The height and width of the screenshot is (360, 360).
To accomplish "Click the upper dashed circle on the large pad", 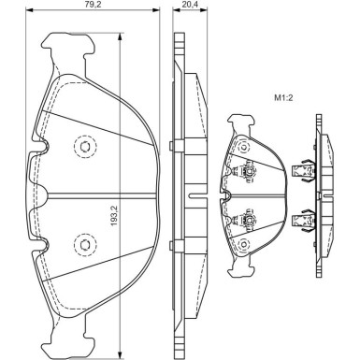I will (84, 148).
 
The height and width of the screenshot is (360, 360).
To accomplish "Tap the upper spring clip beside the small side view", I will (300, 170).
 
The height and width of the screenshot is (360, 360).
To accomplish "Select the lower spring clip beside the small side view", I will (300, 221).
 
